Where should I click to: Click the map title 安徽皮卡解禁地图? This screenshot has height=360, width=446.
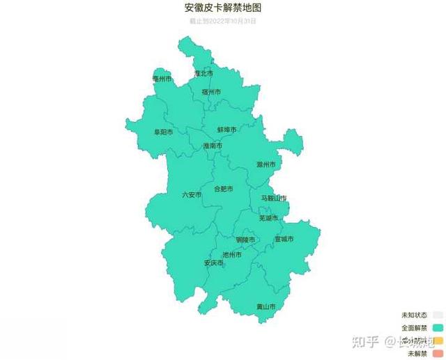[x=223, y=8]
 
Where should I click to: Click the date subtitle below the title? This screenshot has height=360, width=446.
[x=223, y=21]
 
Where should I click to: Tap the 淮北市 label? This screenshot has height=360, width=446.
[x=203, y=73]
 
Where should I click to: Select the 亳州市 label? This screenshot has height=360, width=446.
[x=162, y=79]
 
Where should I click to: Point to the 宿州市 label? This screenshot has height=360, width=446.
[x=211, y=92]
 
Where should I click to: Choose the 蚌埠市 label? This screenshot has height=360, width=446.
[x=226, y=130]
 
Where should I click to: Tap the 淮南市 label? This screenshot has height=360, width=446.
[x=213, y=146]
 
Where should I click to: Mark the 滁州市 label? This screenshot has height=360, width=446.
[x=266, y=165]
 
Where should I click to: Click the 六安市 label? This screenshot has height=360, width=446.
[x=192, y=195]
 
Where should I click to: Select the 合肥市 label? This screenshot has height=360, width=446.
[x=223, y=189]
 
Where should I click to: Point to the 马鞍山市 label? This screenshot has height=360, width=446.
[x=274, y=198]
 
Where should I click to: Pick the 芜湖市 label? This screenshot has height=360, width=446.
[x=268, y=218]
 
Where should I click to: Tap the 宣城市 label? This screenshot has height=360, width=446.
[x=284, y=239]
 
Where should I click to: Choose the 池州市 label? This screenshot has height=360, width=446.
[x=232, y=255]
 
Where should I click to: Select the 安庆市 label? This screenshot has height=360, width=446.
[x=213, y=263]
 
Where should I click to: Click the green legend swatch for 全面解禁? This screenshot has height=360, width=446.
[x=438, y=327]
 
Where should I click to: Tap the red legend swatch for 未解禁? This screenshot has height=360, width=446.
[x=438, y=354]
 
